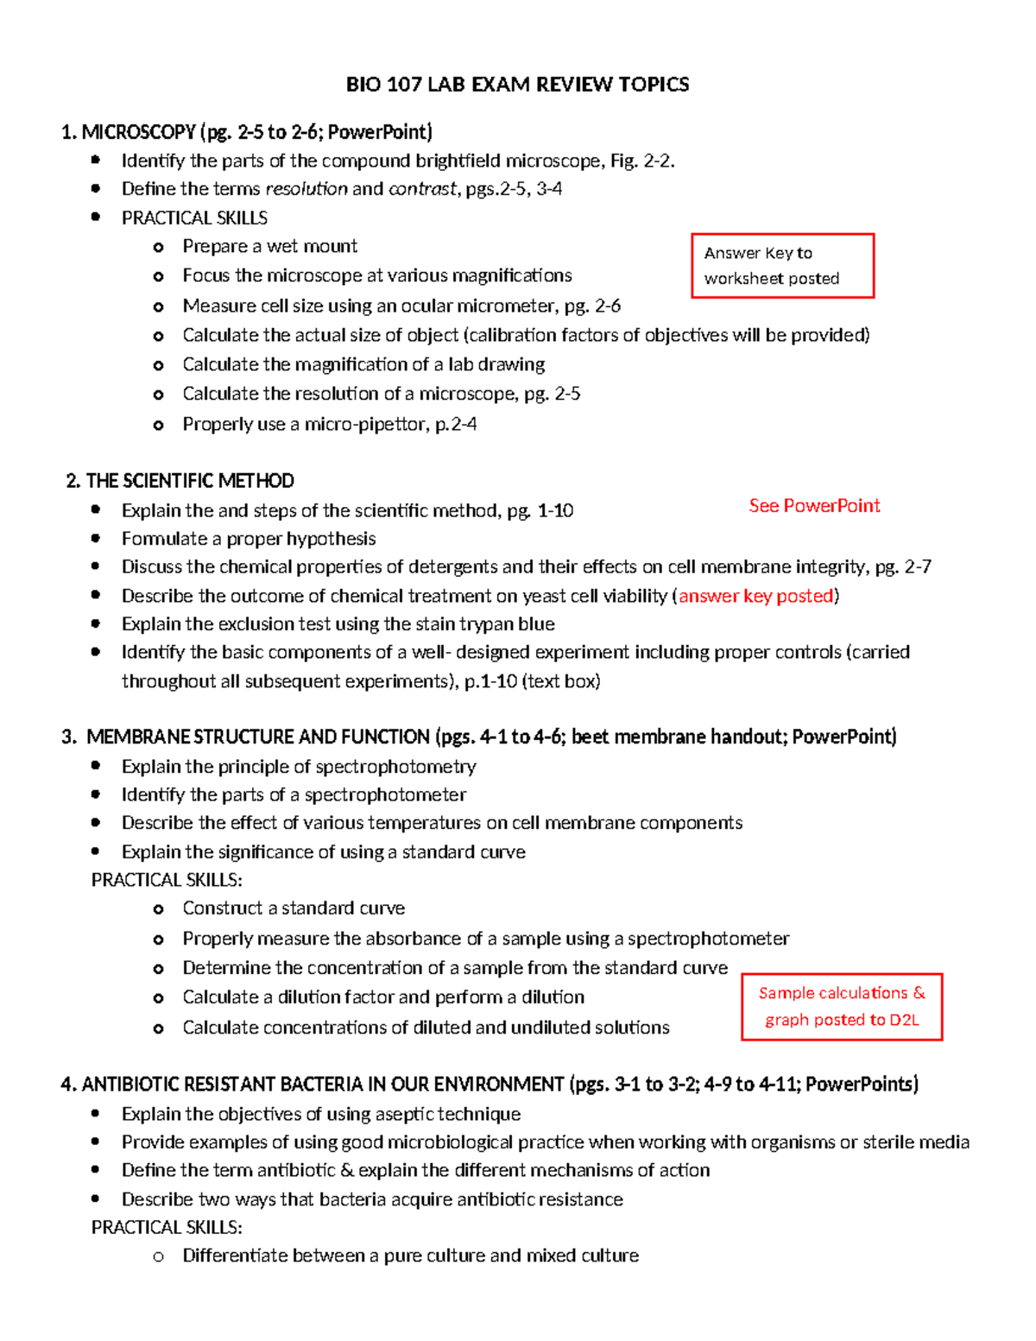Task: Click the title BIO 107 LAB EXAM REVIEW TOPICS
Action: [517, 84]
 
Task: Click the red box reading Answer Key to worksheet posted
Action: [782, 265]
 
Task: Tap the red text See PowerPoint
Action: [814, 506]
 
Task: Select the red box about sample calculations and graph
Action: [841, 1006]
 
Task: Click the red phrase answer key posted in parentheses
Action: [756, 596]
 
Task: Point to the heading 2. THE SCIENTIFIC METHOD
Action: [180, 481]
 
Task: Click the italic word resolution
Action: [306, 189]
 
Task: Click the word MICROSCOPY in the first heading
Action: [139, 132]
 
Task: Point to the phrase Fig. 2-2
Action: [642, 161]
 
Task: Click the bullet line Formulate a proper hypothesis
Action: [249, 539]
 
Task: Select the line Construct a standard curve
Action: [294, 908]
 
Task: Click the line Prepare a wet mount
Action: [269, 247]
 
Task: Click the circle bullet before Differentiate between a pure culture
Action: [158, 1256]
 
